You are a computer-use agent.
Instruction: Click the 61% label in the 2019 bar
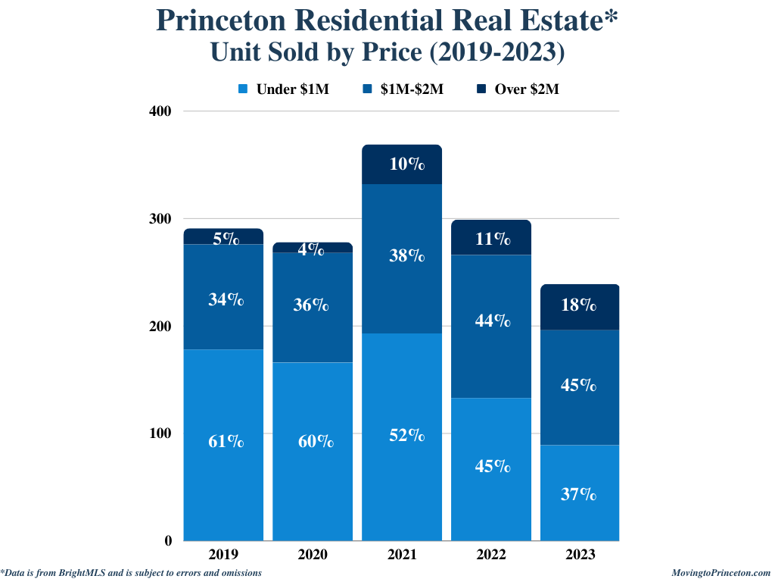pos(226,441)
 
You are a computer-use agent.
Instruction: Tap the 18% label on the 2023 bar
pos(579,306)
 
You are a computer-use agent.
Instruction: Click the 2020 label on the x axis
pos(313,555)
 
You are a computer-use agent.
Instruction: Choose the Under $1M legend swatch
pos(244,89)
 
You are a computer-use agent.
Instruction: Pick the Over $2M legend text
pos(527,89)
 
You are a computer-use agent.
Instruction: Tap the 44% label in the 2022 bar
pos(492,321)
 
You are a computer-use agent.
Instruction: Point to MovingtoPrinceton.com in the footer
pos(721,573)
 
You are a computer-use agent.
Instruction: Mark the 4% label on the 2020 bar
pos(310,248)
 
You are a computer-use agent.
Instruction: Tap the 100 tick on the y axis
pos(161,433)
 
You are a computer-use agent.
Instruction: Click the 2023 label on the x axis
pos(580,555)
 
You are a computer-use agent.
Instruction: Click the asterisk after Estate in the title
pos(611,18)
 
